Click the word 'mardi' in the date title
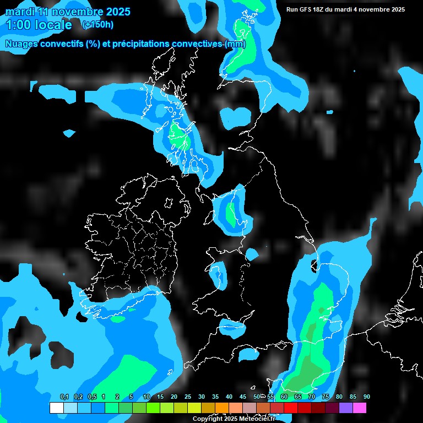tap(19, 11)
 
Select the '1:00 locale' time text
tap(39, 25)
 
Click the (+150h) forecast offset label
tap(97, 24)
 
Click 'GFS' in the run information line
tap(306, 9)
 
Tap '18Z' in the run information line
tap(321, 9)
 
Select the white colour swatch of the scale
tap(57, 408)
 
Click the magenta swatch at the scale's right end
tap(359, 408)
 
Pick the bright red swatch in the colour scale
tap(291, 408)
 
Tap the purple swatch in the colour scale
tap(346, 408)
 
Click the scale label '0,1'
tap(64, 397)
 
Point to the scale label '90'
tap(366, 397)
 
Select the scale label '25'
tap(188, 397)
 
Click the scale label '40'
tap(229, 397)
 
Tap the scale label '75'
tap(326, 397)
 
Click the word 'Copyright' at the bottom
tap(207, 419)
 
